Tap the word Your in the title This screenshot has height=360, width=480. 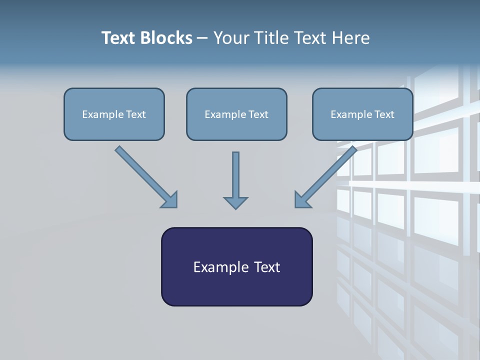tap(231, 38)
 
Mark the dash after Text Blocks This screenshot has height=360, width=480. tap(202, 38)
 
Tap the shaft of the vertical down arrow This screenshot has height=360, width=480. tap(235, 172)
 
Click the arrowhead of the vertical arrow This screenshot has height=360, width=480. tap(235, 202)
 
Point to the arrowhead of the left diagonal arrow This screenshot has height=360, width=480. tap(170, 200)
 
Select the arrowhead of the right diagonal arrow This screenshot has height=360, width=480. tap(302, 200)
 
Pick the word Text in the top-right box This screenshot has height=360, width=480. tap(384, 114)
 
